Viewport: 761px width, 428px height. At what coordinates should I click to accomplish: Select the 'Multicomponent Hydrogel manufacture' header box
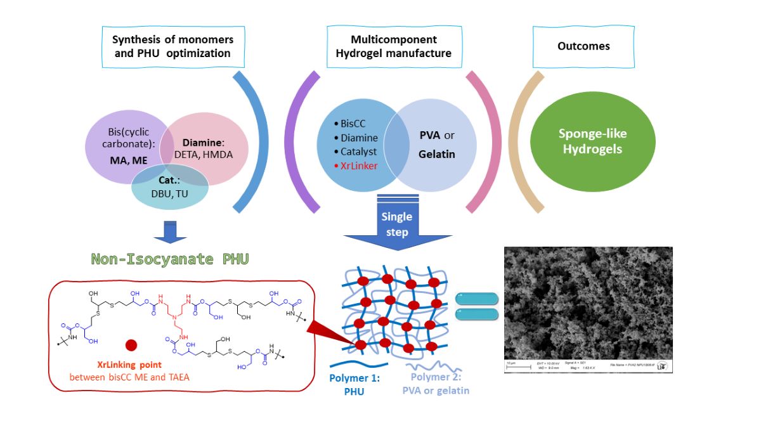(x=393, y=47)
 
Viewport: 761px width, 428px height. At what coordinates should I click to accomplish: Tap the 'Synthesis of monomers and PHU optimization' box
(x=172, y=47)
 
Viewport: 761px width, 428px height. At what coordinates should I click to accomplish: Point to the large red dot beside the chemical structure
(x=131, y=345)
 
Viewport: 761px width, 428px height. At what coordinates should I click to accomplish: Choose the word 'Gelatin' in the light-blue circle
(x=436, y=154)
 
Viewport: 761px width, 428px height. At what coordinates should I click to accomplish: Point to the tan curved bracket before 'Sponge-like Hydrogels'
(x=519, y=142)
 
